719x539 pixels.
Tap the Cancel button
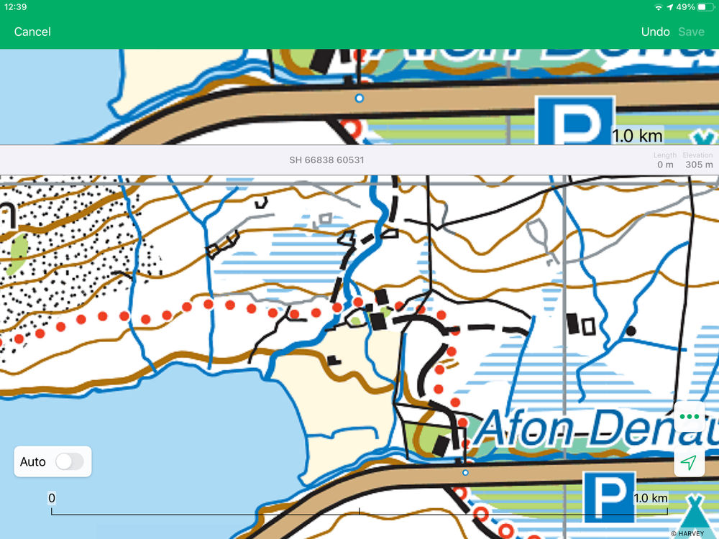click(x=32, y=32)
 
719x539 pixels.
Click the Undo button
click(x=655, y=32)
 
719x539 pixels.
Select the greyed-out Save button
click(x=692, y=32)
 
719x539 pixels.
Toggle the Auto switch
click(x=70, y=461)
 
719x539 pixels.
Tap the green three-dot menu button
click(x=690, y=416)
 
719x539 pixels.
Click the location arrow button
click(x=690, y=462)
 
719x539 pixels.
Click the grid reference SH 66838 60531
click(x=326, y=160)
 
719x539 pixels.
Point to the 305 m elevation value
click(x=699, y=165)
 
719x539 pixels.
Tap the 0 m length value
click(x=665, y=165)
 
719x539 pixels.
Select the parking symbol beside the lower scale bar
click(x=609, y=496)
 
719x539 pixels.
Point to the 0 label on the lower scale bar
click(x=52, y=498)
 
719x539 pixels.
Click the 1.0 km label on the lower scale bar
click(x=651, y=498)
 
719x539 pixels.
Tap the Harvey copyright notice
click(x=693, y=534)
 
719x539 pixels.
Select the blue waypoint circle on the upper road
click(x=359, y=98)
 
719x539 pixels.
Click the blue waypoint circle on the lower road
click(x=465, y=472)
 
